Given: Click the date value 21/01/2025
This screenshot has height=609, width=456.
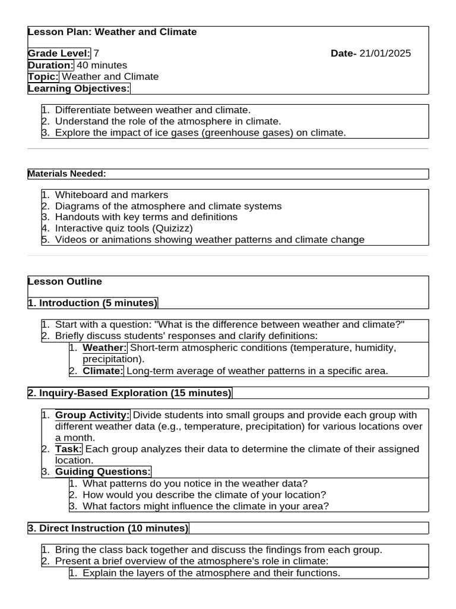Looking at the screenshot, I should pyautogui.click(x=385, y=54).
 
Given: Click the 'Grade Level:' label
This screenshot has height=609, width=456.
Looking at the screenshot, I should pyautogui.click(x=59, y=54).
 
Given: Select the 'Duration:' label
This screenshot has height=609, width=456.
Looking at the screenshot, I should pyautogui.click(x=51, y=65).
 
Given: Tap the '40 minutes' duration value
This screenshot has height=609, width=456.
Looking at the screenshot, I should pyautogui.click(x=102, y=65).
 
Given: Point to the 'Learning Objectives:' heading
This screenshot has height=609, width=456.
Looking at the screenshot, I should pyautogui.click(x=78, y=88).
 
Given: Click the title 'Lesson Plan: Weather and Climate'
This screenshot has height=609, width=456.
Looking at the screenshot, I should pyautogui.click(x=112, y=32).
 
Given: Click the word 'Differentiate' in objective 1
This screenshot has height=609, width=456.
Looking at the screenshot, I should pyautogui.click(x=83, y=110).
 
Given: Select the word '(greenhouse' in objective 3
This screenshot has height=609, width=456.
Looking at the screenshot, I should pyautogui.click(x=229, y=133).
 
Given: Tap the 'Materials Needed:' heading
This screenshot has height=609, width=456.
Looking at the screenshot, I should pyautogui.click(x=66, y=174).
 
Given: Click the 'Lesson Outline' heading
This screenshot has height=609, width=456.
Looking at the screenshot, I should pyautogui.click(x=65, y=281).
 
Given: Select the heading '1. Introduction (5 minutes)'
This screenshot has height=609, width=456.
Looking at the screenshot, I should pyautogui.click(x=93, y=303).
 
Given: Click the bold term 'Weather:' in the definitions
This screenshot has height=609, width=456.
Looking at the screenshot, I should pyautogui.click(x=104, y=348).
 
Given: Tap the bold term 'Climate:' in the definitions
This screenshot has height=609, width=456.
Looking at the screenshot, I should pyautogui.click(x=103, y=371).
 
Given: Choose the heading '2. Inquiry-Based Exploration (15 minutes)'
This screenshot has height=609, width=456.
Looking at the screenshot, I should pyautogui.click(x=129, y=393).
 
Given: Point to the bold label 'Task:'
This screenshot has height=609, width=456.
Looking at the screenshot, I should pyautogui.click(x=69, y=449).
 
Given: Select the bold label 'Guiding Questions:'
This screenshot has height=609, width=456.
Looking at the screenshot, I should pyautogui.click(x=103, y=472).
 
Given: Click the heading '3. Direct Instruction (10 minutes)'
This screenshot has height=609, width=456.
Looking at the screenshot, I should pyautogui.click(x=108, y=528).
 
